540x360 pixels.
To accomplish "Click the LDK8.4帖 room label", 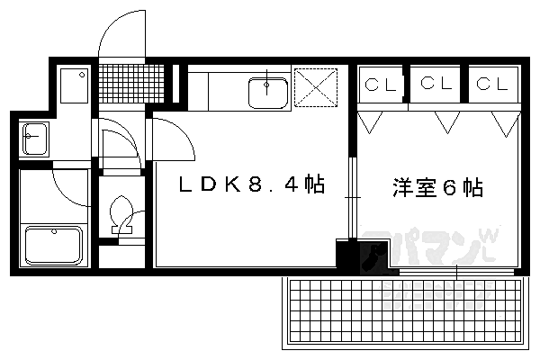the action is coord(252,184).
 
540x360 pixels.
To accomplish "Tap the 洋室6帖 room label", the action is coord(437,187).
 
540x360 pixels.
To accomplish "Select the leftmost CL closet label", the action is coord(381,85).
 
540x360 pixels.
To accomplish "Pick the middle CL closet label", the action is coord(436,83).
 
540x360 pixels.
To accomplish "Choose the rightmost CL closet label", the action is coord(492,84).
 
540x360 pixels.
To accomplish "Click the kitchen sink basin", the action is coord(268,93).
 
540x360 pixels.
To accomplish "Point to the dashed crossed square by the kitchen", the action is coord(316,87).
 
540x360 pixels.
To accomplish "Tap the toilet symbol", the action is coord(121,215).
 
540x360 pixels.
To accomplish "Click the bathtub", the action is coord(54,245).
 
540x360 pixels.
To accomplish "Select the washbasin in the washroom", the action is coord(34,139).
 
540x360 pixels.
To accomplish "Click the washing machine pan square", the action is coord(74,85).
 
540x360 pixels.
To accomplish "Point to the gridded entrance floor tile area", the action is coord(131,84).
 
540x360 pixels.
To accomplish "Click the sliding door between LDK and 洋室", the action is coord(352,198).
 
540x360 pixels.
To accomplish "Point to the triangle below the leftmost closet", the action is coord(370,122).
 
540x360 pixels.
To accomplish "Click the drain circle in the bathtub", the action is coord(54,232).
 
